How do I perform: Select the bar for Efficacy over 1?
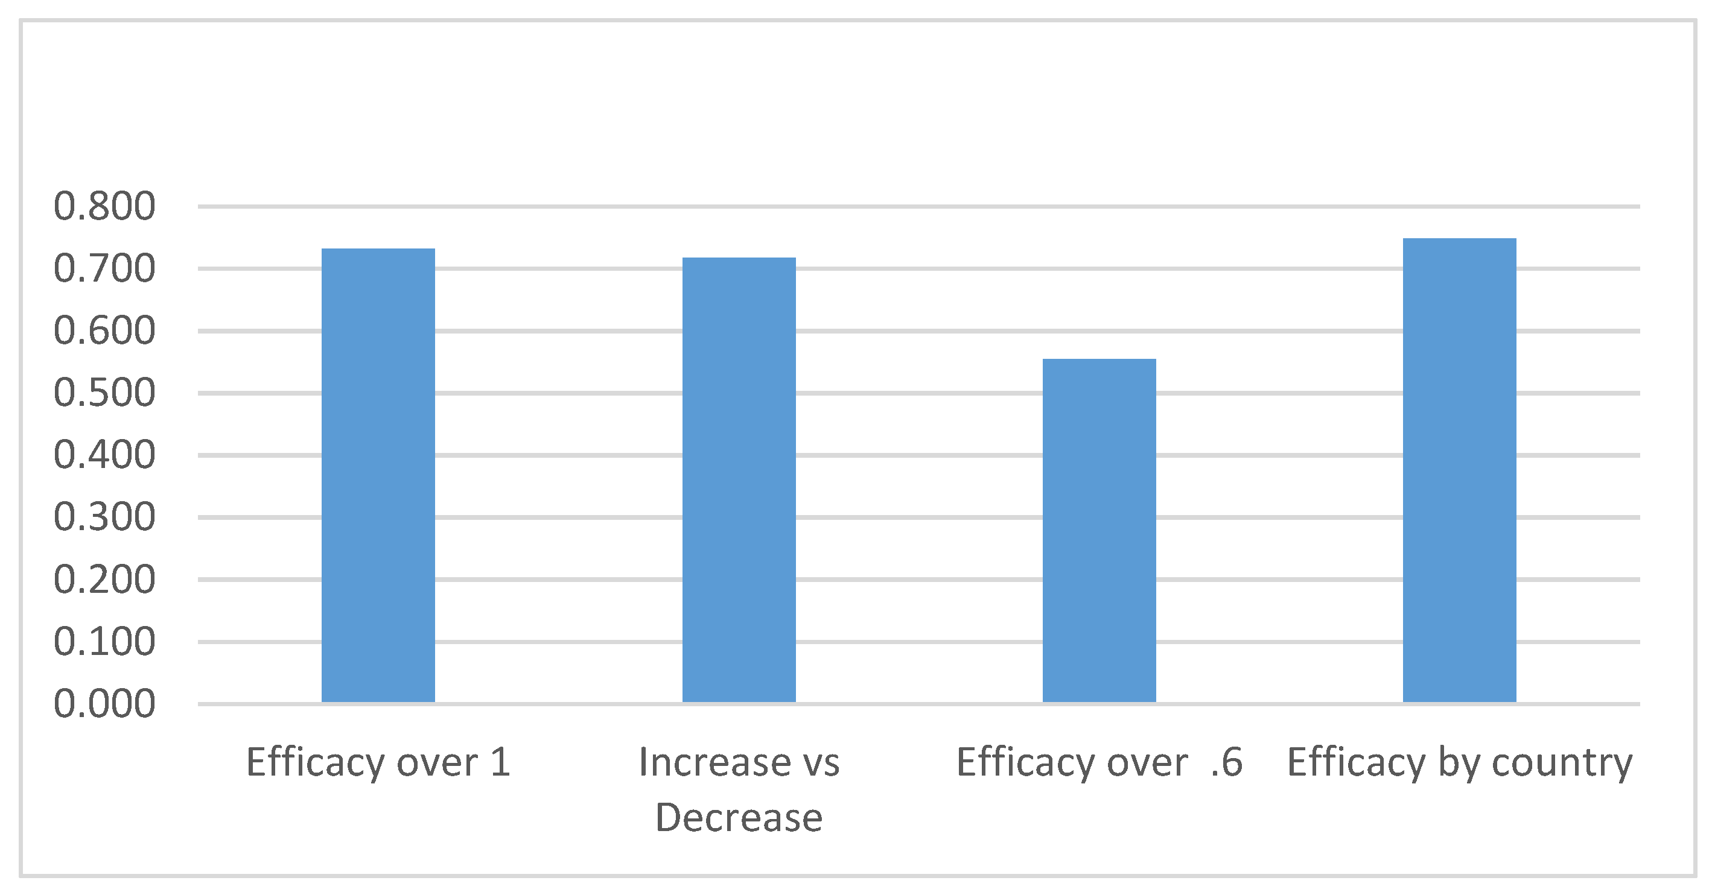click(x=378, y=475)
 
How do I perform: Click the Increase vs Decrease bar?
click(x=739, y=479)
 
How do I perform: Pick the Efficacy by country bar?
click(x=1459, y=470)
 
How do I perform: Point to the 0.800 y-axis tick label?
click(x=104, y=207)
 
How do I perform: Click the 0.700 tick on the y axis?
click(x=104, y=269)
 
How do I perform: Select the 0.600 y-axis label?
click(x=104, y=331)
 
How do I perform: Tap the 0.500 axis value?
click(x=104, y=393)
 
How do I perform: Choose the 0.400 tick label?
click(x=104, y=455)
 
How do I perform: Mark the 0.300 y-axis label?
click(x=104, y=517)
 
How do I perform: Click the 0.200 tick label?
click(x=104, y=580)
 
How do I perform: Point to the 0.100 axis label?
click(x=104, y=642)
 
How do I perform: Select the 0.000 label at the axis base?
click(x=104, y=704)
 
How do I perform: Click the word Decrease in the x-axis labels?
click(x=739, y=818)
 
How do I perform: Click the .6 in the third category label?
click(x=1226, y=762)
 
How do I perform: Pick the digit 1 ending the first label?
click(x=500, y=762)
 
